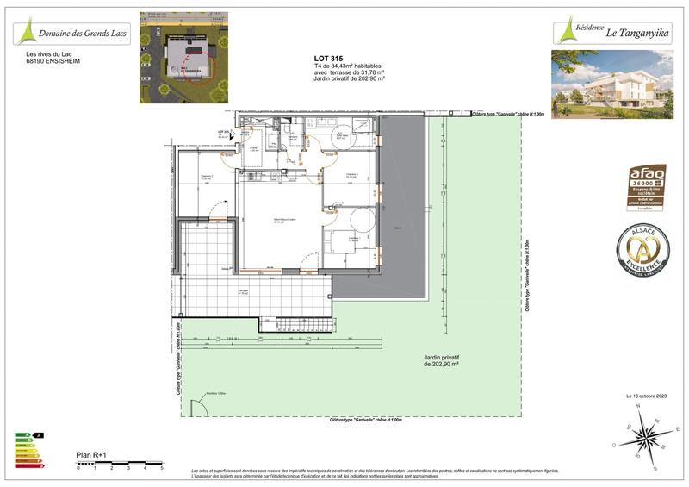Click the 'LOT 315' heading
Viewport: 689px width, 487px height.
[x=327, y=58]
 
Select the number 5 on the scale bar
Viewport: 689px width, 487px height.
[x=161, y=469]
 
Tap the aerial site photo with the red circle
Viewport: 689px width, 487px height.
[x=184, y=57]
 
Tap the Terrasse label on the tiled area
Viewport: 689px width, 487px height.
[x=245, y=292]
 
